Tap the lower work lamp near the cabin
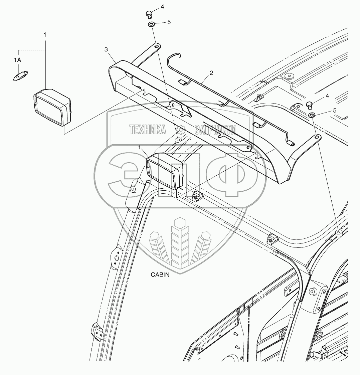coord(166,170)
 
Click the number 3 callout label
coord(106,49)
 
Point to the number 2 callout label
coord(211,72)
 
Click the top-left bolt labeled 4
coord(149,14)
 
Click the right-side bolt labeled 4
coord(309,105)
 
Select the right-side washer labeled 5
coord(312,115)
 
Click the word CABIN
coord(160,275)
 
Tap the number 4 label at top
coord(162,7)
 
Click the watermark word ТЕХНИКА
coord(148,130)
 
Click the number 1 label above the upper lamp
coord(45,34)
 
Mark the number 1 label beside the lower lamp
coord(140,147)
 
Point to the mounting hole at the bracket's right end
coord(316,137)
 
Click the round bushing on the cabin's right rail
coord(339,233)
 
